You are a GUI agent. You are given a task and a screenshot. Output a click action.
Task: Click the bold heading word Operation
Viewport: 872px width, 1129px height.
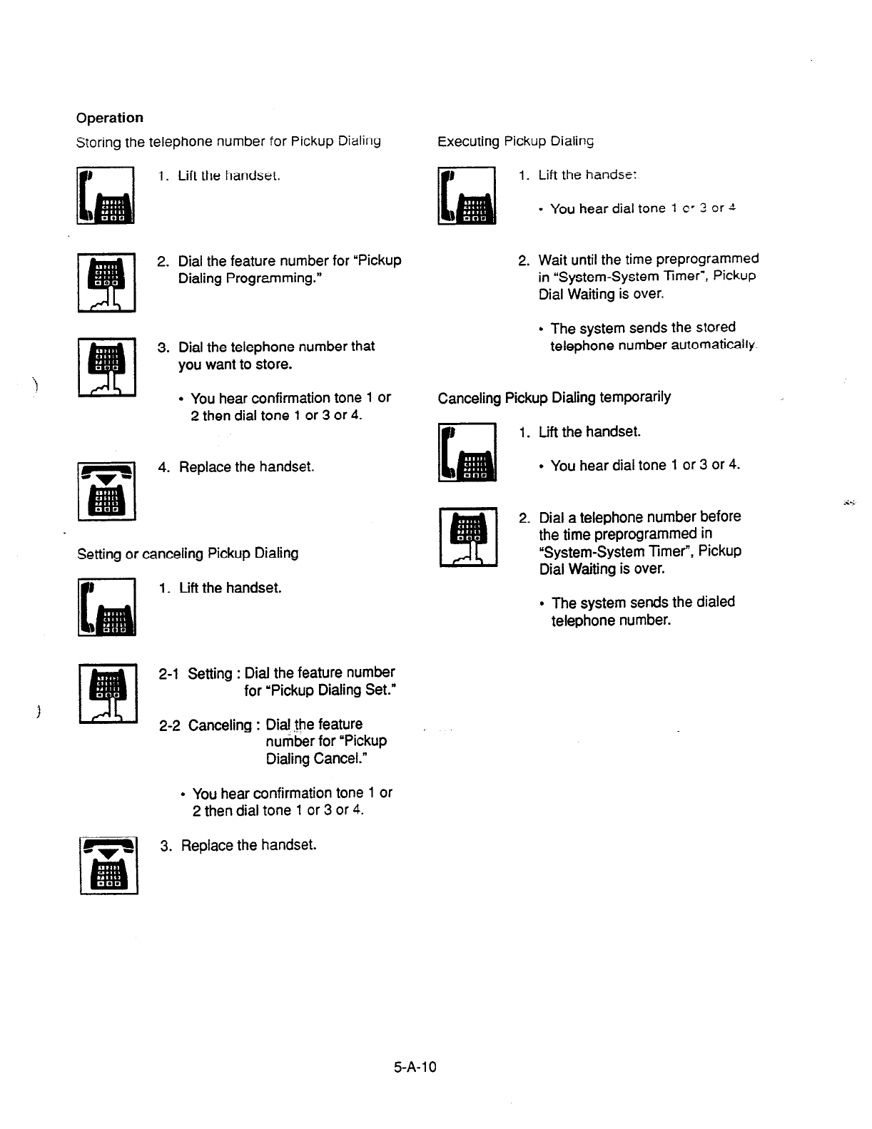110,118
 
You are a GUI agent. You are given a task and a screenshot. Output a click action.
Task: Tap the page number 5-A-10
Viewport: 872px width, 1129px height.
414,1068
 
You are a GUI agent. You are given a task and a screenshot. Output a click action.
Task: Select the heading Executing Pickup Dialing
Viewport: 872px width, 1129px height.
515,141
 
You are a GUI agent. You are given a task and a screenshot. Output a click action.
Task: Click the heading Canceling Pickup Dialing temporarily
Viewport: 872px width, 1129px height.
554,397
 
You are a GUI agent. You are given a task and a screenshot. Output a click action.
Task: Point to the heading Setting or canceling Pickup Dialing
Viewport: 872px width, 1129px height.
188,553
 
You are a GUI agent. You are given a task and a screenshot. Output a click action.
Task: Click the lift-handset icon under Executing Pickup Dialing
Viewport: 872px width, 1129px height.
467,195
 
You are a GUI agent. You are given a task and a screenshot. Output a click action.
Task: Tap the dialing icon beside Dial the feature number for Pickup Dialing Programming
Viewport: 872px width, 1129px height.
107,282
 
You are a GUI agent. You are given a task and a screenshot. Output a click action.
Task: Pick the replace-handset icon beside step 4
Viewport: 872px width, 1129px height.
106,491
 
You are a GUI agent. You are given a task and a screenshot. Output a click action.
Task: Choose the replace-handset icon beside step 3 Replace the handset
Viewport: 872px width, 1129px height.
108,866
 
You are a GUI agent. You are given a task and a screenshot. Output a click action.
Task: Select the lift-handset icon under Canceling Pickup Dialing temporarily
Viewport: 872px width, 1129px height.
467,453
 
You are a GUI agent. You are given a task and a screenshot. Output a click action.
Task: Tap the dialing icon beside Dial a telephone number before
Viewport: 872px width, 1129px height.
467,536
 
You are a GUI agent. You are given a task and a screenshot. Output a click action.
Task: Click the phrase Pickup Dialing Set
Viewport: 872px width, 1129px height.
320,690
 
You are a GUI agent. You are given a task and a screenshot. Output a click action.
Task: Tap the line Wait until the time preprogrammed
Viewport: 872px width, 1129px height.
648,259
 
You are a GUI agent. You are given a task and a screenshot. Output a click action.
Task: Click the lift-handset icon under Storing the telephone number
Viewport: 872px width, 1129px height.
106,195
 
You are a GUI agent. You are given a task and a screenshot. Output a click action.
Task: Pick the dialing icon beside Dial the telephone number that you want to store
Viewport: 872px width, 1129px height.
107,367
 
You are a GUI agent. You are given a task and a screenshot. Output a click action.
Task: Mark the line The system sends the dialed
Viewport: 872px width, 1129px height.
643,603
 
